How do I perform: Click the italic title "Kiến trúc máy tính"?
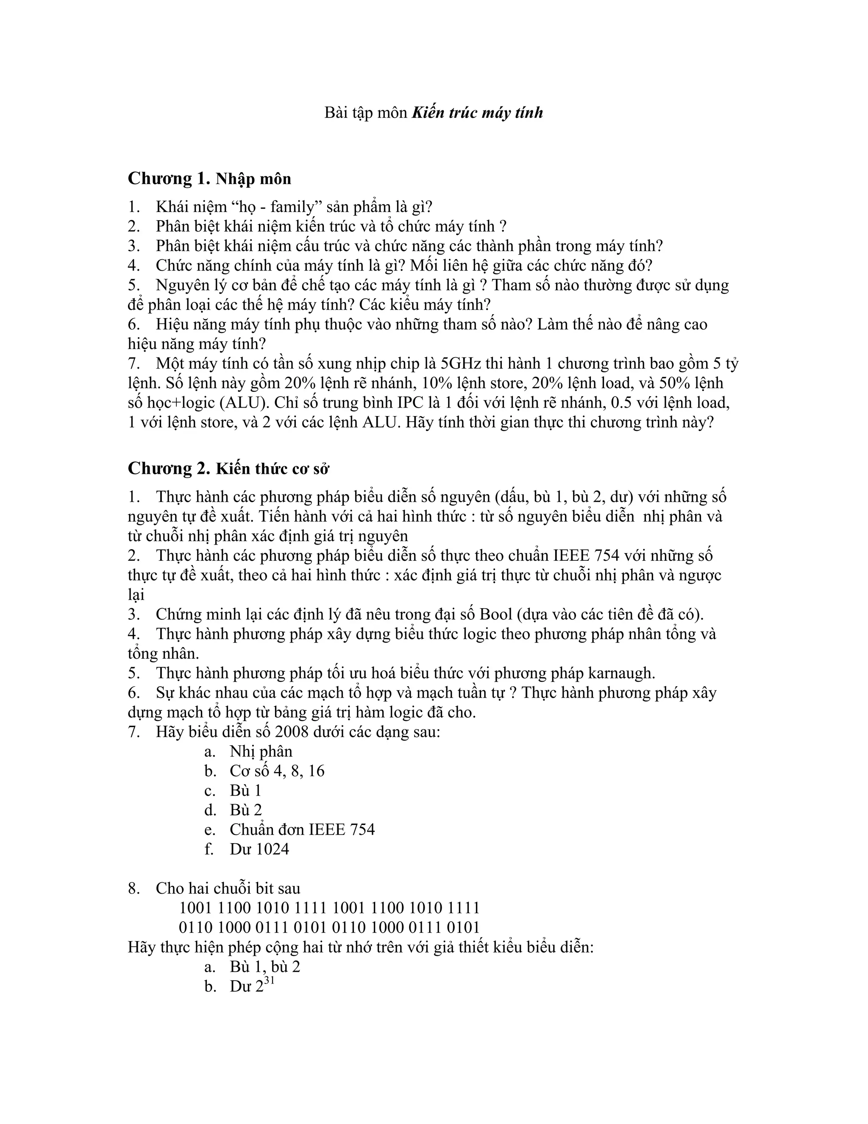[x=477, y=113]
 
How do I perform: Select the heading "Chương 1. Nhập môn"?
[x=209, y=179]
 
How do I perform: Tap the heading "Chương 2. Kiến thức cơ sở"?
[x=228, y=468]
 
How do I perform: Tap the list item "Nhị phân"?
[x=261, y=752]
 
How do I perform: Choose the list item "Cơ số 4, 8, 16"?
[x=277, y=771]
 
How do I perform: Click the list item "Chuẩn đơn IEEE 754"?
[x=302, y=830]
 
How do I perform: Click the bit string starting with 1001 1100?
[x=329, y=908]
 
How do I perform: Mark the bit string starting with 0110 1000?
[x=329, y=927]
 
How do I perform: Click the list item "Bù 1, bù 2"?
[x=265, y=967]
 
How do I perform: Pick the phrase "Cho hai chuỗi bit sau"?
[x=228, y=888]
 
